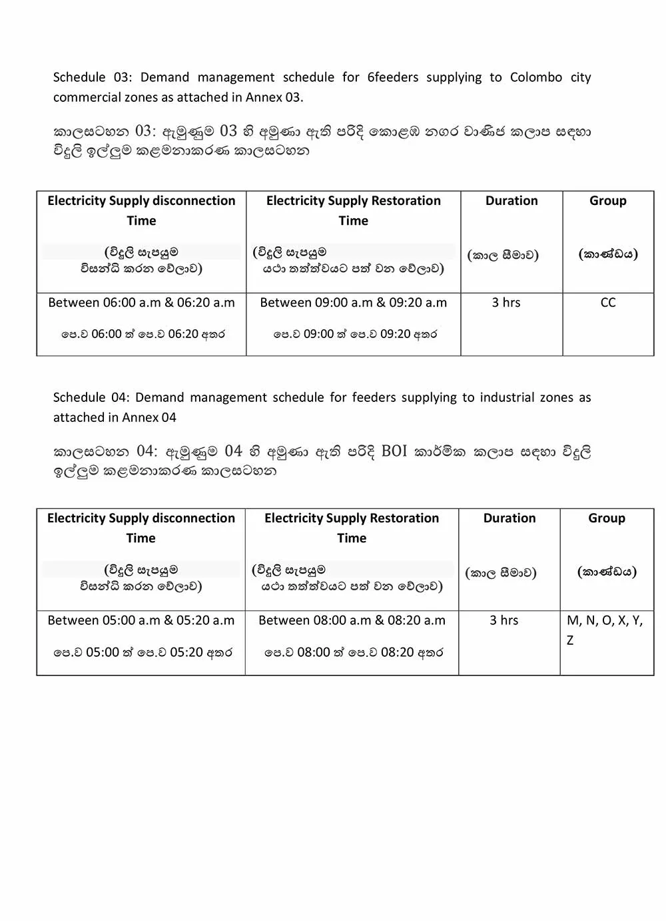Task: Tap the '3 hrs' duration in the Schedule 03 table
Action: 506,303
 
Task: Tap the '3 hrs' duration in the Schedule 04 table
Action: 503,621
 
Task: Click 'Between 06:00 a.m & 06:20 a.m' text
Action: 141,303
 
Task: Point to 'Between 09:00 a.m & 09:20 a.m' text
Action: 353,303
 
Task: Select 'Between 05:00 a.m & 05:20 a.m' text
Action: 141,621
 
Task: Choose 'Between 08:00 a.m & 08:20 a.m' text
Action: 352,621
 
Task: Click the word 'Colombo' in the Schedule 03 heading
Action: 536,77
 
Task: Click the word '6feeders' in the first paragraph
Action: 393,77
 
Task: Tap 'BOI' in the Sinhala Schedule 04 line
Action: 394,451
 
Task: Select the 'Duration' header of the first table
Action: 511,201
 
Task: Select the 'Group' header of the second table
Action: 606,518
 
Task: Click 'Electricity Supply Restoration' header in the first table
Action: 353,201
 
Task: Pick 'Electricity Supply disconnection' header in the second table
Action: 141,518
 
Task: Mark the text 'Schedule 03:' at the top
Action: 93,77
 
